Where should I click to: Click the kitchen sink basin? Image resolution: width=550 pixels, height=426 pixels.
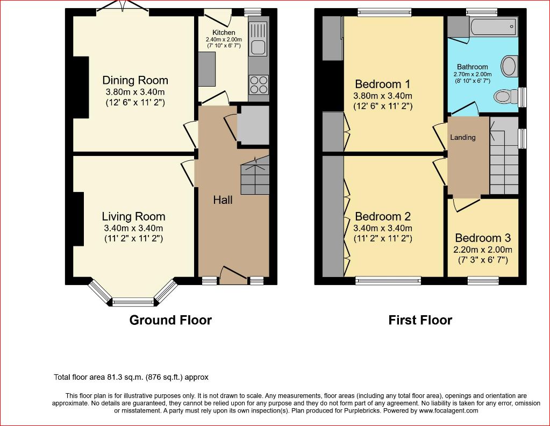tap(258, 47)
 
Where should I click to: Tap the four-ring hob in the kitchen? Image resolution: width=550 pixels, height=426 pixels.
tap(259, 84)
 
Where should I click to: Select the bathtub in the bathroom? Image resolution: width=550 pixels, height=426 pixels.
tap(493, 26)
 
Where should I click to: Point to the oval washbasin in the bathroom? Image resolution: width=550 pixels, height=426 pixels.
tap(509, 66)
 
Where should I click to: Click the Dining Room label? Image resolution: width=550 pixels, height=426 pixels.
tap(135, 80)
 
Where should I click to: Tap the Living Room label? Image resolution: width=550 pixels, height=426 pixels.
tap(134, 217)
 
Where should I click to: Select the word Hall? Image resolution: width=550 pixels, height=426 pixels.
tap(223, 200)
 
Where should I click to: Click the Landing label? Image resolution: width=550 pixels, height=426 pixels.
tap(463, 138)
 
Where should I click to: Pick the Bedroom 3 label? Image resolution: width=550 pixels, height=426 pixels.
tap(483, 238)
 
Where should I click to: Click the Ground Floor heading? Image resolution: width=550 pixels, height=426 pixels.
tap(170, 320)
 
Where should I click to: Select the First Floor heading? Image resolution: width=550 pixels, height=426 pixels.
tap(420, 320)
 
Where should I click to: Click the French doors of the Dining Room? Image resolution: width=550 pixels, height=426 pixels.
tap(123, 8)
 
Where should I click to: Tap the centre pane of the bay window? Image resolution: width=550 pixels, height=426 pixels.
tap(133, 301)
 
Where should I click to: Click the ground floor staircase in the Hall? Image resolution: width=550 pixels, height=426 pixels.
tap(255, 175)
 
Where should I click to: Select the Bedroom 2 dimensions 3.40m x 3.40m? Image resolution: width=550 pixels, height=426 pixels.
tap(383, 228)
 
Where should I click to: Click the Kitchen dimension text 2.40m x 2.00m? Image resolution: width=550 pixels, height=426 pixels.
tap(224, 40)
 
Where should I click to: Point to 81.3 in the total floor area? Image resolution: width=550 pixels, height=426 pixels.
tap(112, 377)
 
